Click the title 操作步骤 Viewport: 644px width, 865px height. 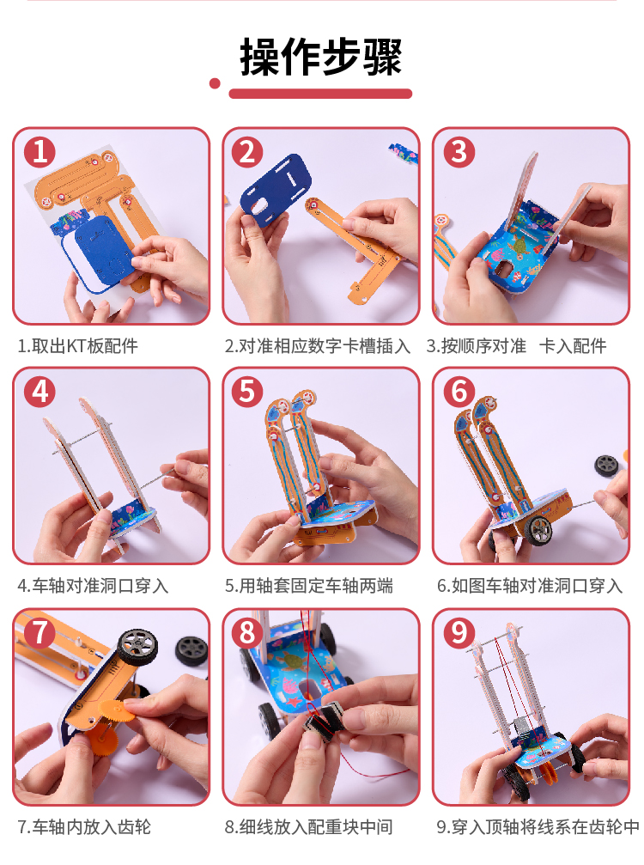(x=321, y=57)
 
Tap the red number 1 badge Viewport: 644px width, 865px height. (x=39, y=152)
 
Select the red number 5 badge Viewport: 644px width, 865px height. (x=247, y=392)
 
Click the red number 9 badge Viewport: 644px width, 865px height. (x=459, y=632)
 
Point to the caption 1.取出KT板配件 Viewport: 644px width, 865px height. (x=78, y=346)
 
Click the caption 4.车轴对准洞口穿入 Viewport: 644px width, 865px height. (x=93, y=585)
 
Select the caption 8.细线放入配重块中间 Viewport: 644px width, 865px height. (x=309, y=827)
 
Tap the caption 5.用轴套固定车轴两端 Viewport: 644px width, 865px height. (x=309, y=585)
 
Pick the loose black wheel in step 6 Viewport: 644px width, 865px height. (x=608, y=466)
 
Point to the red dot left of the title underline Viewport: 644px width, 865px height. (x=215, y=84)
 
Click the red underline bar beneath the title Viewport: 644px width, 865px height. (x=320, y=94)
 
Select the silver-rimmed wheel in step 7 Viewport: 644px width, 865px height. (x=138, y=646)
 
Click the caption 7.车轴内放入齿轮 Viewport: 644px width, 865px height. (x=84, y=827)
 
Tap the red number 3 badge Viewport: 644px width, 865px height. (x=459, y=152)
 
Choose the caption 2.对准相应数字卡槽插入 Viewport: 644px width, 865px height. (x=318, y=346)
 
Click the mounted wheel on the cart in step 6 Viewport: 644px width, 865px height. (x=537, y=531)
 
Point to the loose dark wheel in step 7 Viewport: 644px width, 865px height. (x=191, y=650)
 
